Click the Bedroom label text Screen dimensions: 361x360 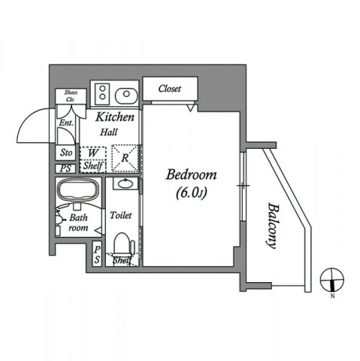pyautogui.click(x=191, y=175)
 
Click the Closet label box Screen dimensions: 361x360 pyautogui.click(x=169, y=89)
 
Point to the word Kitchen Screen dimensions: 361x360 pyautogui.click(x=115, y=118)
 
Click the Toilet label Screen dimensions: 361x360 pyautogui.click(x=120, y=215)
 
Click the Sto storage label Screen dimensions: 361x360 pyautogui.click(x=66, y=153)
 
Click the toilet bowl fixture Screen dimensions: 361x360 pyautogui.click(x=122, y=244)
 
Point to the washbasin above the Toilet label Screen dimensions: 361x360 pyautogui.click(x=123, y=183)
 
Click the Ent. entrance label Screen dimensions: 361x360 pyautogui.click(x=65, y=122)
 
